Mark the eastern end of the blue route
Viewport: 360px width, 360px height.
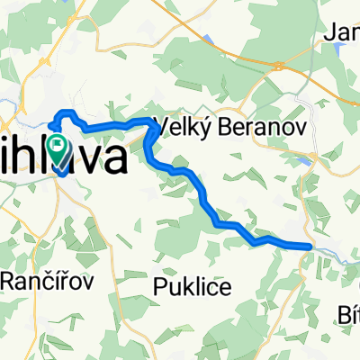pos(310,245)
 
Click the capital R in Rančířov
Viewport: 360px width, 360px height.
pos(6,279)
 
